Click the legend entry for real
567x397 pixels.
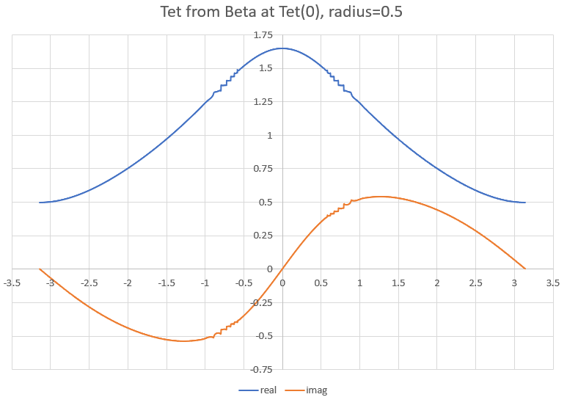pyautogui.click(x=268, y=390)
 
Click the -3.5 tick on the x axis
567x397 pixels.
pyautogui.click(x=12, y=282)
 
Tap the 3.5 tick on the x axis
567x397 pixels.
pyautogui.click(x=553, y=282)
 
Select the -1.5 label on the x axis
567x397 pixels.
pyautogui.click(x=167, y=282)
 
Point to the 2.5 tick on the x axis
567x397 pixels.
pyautogui.click(x=475, y=282)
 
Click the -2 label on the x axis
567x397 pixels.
pyautogui.click(x=128, y=282)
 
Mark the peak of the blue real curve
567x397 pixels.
pyautogui.click(x=282, y=48)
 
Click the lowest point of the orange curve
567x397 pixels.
pyautogui.click(x=183, y=340)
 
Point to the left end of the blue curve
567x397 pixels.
pyautogui.click(x=40, y=203)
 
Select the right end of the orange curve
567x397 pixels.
pyautogui.click(x=525, y=269)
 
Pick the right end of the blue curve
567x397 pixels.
pyautogui.click(x=525, y=203)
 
